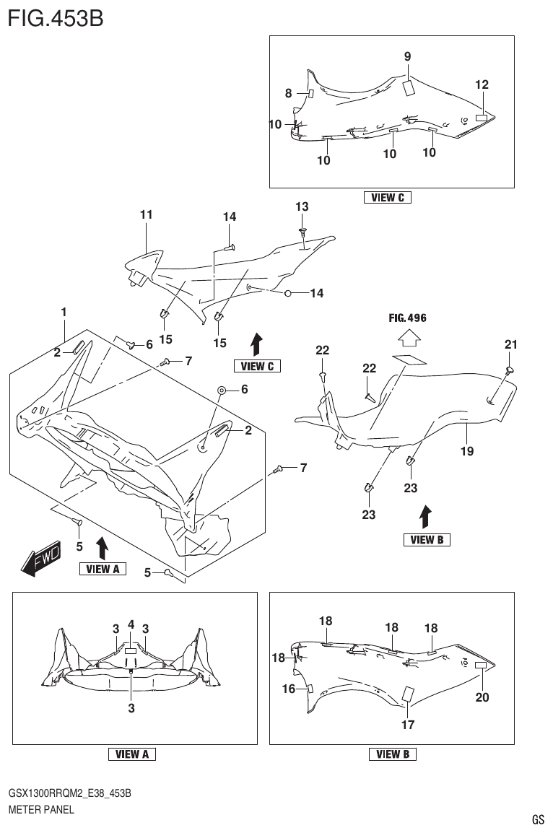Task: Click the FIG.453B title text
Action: [x=56, y=17]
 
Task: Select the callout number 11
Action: [x=146, y=215]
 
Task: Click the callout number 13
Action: [x=302, y=207]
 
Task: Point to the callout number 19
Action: [x=467, y=451]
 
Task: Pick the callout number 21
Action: [x=511, y=345]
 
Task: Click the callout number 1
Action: [x=64, y=313]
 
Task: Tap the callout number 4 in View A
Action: [x=131, y=624]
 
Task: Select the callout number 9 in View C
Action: [x=407, y=56]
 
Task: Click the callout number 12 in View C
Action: [x=482, y=84]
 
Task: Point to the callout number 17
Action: [x=407, y=725]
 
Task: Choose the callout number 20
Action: [x=482, y=697]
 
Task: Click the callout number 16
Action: [x=289, y=689]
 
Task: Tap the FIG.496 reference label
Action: [x=407, y=318]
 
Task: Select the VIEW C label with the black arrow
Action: [x=257, y=366]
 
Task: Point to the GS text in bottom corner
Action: [x=537, y=820]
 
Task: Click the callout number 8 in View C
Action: [x=288, y=93]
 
